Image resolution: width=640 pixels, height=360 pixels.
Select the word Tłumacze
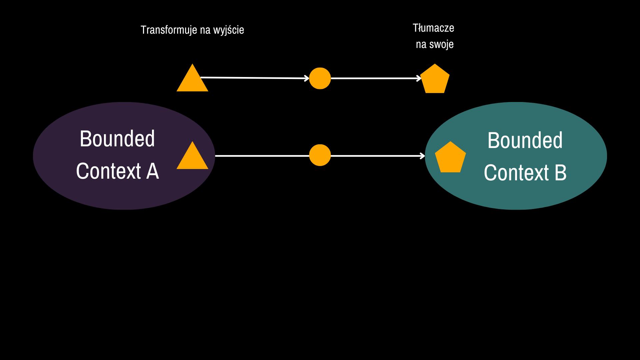[x=433, y=28]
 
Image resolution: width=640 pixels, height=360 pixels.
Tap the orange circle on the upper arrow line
[x=320, y=78]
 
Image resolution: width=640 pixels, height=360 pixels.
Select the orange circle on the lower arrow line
[x=320, y=155]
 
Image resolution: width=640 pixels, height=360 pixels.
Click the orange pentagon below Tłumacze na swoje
[x=435, y=79]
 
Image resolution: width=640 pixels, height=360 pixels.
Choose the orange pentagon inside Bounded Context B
[x=450, y=158]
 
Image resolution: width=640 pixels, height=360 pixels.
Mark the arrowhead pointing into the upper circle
[x=307, y=78]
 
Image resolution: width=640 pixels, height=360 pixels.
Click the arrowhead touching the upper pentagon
[x=419, y=78]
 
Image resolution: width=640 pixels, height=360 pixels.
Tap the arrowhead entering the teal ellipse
[x=423, y=156]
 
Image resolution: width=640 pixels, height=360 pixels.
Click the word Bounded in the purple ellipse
[x=117, y=139]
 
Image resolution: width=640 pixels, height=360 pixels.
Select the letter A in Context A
[x=152, y=171]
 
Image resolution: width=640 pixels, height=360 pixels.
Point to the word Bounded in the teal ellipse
[x=525, y=140]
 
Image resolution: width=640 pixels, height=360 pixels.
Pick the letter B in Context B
[x=560, y=173]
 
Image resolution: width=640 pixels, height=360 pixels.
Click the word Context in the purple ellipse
[x=109, y=171]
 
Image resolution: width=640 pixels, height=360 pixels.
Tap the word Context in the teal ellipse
[x=516, y=173]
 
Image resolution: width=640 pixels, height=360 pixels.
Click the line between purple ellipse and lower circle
[x=262, y=156]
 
